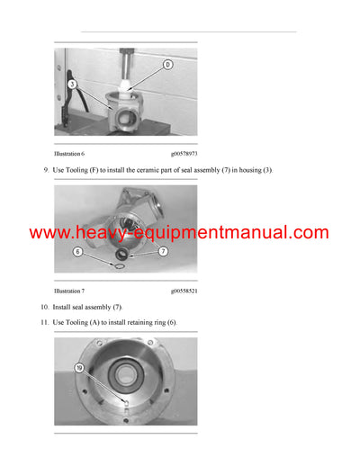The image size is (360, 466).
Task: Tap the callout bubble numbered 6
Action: point(78,253)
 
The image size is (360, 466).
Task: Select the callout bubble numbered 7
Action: point(164,253)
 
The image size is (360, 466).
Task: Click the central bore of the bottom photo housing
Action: point(125,371)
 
